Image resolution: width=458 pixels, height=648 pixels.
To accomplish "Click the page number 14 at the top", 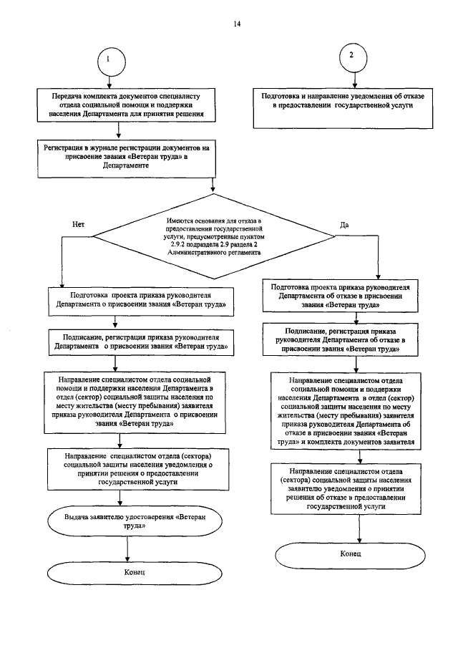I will [x=237, y=24].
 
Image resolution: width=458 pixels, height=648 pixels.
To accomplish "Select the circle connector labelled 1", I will [x=108, y=60].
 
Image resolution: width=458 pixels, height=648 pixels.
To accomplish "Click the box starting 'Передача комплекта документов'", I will [x=125, y=104].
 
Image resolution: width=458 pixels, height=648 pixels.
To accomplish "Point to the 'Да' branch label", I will [x=343, y=225].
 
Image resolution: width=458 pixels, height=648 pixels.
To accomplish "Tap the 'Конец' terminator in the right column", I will [x=350, y=554].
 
